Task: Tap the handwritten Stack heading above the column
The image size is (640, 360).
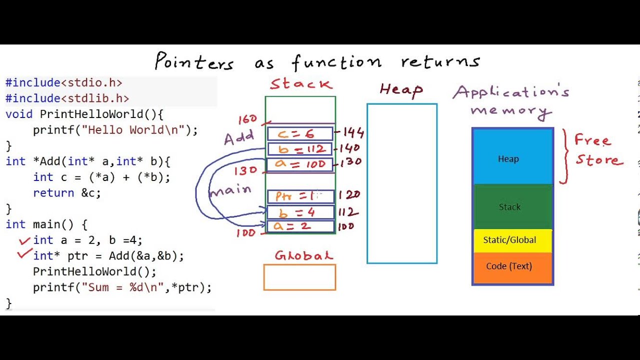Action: tap(301, 84)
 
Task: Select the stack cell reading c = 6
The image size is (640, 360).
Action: tap(300, 133)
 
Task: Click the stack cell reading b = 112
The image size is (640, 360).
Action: tap(300, 149)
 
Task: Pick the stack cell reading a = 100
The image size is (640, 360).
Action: tap(300, 164)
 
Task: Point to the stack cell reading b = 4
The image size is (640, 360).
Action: tap(300, 212)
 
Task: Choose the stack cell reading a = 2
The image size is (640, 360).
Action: tap(300, 226)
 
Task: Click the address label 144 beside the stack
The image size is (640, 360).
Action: tap(352, 133)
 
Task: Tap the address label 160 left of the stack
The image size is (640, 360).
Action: tap(248, 119)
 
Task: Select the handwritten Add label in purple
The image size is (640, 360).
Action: tap(238, 138)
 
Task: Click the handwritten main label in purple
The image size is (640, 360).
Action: tap(230, 190)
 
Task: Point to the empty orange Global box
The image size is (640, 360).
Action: tap(299, 277)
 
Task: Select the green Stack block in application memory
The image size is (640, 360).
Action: tap(512, 206)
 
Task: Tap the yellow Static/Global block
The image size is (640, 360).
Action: tap(512, 240)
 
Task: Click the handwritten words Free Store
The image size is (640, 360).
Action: tap(598, 149)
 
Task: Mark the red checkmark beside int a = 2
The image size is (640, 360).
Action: tap(24, 241)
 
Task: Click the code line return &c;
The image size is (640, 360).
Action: tap(67, 193)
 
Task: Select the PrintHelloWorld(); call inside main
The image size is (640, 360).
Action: tap(94, 271)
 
